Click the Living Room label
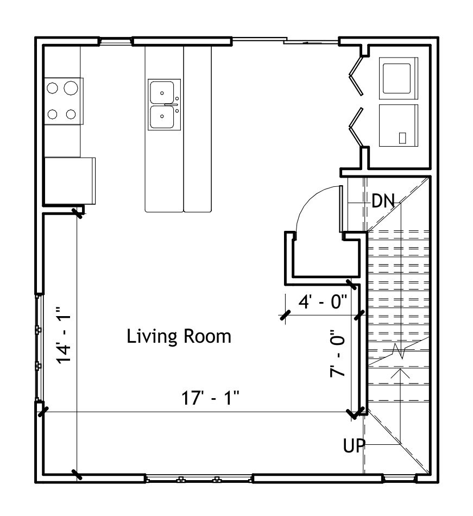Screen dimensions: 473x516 click(x=179, y=336)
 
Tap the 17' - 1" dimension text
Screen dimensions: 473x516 click(x=210, y=398)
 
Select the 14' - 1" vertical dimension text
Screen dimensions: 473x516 click(x=64, y=335)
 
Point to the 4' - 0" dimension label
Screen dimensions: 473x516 click(x=323, y=301)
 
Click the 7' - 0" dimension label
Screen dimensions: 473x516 click(x=338, y=354)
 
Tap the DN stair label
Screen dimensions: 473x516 click(x=383, y=200)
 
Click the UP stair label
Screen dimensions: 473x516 click(x=354, y=446)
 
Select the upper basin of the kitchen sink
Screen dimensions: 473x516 click(x=162, y=92)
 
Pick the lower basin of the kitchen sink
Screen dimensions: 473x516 click(x=162, y=116)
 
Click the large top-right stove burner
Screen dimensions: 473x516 click(x=71, y=88)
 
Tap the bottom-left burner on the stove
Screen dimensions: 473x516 click(x=53, y=114)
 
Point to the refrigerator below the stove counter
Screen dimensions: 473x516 click(x=70, y=181)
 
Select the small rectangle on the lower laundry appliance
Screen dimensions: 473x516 click(x=402, y=138)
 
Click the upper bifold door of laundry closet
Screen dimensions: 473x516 click(x=356, y=76)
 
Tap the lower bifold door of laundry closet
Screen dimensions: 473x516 click(x=356, y=127)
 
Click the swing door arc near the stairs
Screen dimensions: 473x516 click(x=311, y=201)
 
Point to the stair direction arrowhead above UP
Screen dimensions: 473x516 click(x=400, y=373)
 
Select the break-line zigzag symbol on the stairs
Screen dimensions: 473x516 click(x=400, y=351)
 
